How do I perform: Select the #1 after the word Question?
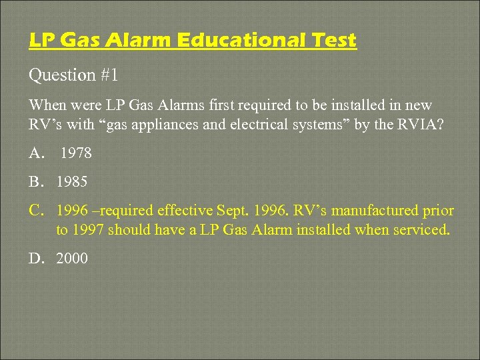109,75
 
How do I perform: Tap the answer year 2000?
72,258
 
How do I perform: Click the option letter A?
36,153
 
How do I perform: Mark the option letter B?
36,182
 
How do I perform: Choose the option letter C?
36,211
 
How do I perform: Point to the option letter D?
36,258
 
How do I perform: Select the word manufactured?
376,211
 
